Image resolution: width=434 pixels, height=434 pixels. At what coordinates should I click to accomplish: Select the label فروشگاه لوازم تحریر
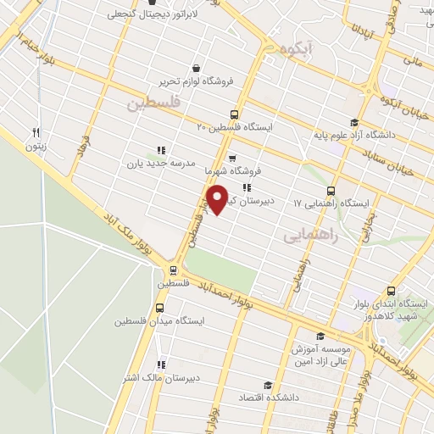[x=196, y=82]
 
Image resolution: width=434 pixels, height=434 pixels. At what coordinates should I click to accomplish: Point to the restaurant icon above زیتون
[x=36, y=132]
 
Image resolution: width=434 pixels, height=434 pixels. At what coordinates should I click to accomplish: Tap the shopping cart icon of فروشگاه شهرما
[x=231, y=158]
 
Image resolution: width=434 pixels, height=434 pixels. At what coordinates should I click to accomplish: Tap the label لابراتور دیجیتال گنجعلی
[x=153, y=15]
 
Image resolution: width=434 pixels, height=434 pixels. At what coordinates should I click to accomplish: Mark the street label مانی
[x=413, y=61]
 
